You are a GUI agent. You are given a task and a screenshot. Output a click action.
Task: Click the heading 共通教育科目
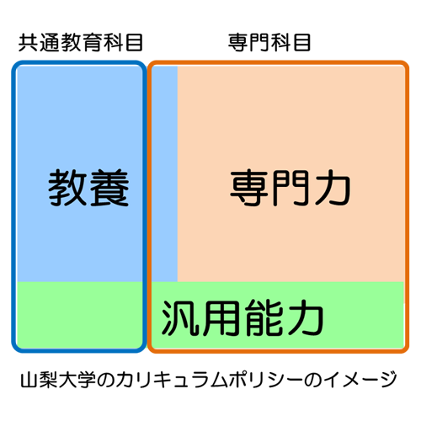point(81,43)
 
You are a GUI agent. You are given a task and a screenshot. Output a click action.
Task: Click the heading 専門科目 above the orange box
point(269,43)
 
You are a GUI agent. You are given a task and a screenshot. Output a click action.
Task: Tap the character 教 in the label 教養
point(67,188)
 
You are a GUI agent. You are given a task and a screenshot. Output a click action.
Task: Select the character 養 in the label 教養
point(109,188)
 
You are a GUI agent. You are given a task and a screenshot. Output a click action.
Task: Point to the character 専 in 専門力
point(250,188)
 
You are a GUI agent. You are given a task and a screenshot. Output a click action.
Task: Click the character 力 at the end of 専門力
point(333,188)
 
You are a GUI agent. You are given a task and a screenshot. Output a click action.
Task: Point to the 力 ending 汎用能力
point(306,317)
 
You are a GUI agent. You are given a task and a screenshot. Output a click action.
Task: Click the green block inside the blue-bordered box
point(80,314)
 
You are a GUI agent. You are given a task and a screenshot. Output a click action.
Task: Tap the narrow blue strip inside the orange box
point(165,173)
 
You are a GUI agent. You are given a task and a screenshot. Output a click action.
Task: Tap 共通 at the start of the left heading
point(40,43)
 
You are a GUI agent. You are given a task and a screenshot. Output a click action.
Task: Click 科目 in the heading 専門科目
point(290,43)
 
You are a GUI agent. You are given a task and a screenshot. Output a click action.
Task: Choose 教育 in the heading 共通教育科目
point(81,43)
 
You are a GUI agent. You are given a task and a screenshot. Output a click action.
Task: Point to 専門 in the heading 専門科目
point(248,43)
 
